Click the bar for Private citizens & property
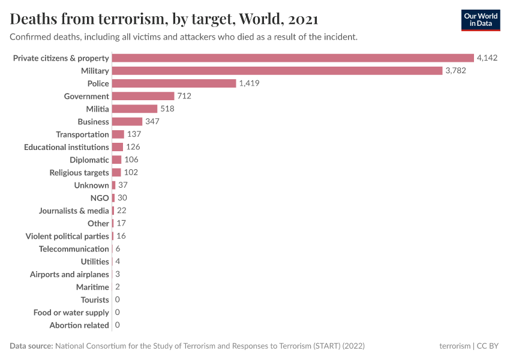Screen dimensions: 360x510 click(293, 58)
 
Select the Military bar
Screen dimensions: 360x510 click(277, 71)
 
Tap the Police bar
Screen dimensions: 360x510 click(174, 83)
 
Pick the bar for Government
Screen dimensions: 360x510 click(143, 96)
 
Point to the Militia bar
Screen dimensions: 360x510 click(134, 109)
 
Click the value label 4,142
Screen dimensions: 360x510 click(487, 58)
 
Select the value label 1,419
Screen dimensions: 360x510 click(249, 83)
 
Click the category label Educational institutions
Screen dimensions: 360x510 click(67, 147)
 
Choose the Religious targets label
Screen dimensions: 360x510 click(79, 173)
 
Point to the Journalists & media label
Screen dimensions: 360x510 click(74, 211)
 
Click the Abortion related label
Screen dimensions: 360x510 click(79, 325)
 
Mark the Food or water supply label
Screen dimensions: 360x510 click(71, 313)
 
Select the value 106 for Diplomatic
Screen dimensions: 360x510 click(131, 160)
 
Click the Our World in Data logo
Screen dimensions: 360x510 click(480, 20)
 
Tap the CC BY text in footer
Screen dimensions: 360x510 click(489, 346)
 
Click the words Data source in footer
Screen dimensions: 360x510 click(31, 346)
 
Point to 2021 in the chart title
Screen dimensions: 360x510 click(303, 19)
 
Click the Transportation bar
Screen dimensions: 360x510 click(118, 134)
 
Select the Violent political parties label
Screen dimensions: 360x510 click(67, 236)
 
